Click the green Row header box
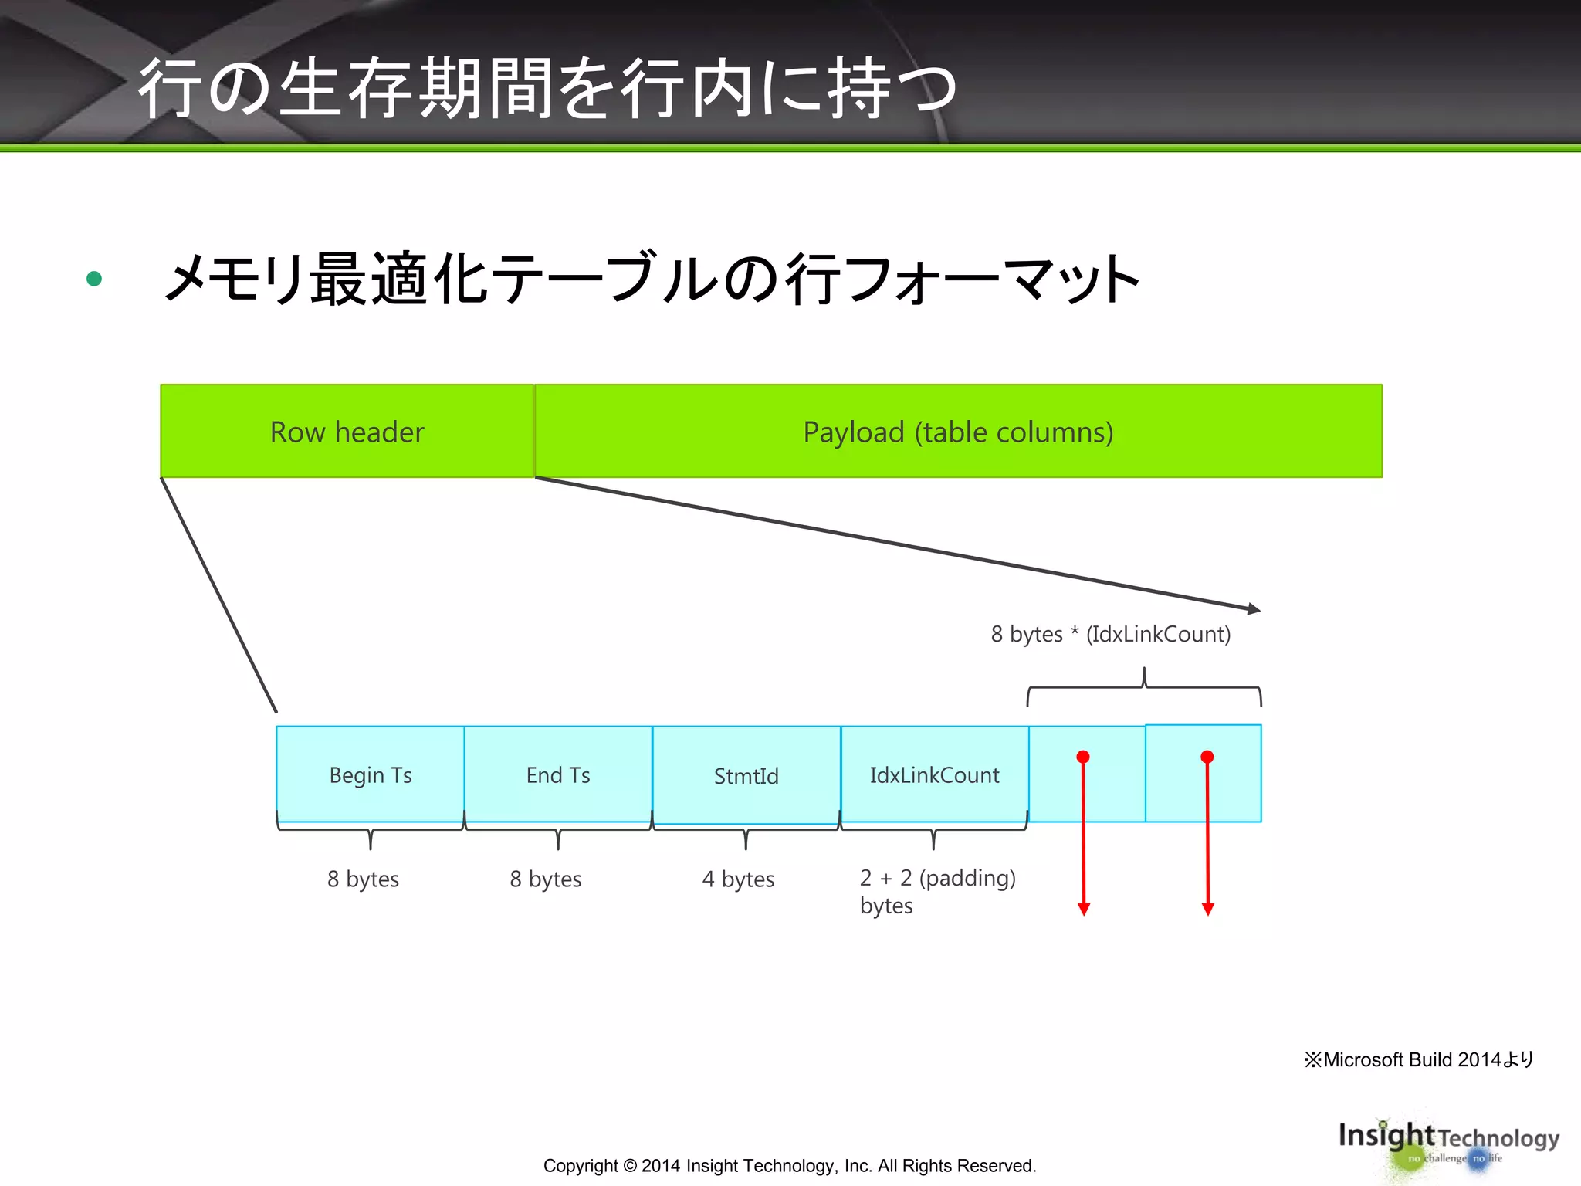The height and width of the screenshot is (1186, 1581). pyautogui.click(x=347, y=431)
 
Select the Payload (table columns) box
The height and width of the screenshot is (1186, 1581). pyautogui.click(x=957, y=431)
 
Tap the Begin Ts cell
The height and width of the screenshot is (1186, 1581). pyautogui.click(x=371, y=774)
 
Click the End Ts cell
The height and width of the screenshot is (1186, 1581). pyautogui.click(x=558, y=774)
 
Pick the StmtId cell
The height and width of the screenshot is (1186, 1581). pyautogui.click(x=746, y=775)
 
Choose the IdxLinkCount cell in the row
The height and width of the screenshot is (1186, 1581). pyautogui.click(x=934, y=774)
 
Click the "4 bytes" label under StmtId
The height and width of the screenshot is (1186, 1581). pyautogui.click(x=738, y=879)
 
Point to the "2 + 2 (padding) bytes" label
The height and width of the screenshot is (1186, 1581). pyautogui.click(x=937, y=891)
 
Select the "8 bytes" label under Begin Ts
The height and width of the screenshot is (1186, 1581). pyautogui.click(x=363, y=879)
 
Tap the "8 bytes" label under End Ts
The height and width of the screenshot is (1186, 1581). pyautogui.click(x=546, y=879)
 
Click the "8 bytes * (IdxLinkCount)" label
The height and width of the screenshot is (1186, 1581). pyautogui.click(x=1110, y=634)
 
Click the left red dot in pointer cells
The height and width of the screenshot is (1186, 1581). pyautogui.click(x=1083, y=757)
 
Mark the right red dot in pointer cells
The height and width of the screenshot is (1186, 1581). pyautogui.click(x=1207, y=757)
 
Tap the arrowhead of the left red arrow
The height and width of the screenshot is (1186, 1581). pyautogui.click(x=1084, y=909)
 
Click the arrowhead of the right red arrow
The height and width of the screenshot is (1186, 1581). pyautogui.click(x=1208, y=909)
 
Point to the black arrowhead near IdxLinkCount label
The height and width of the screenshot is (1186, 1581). pyautogui.click(x=1254, y=608)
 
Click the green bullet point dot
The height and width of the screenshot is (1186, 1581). pyautogui.click(x=94, y=279)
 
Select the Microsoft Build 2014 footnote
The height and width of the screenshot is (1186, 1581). pyautogui.click(x=1418, y=1059)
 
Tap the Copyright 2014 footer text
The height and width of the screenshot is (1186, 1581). pyautogui.click(x=790, y=1165)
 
